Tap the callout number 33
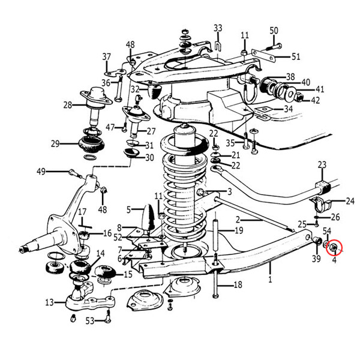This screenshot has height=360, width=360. click(218, 28)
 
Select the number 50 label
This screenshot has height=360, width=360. click(274, 31)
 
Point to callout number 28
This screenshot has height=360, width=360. click(67, 105)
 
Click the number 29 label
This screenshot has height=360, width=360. click(55, 143)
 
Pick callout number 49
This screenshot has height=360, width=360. click(41, 172)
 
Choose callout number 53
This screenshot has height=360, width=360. click(90, 322)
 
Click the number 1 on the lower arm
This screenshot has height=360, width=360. click(270, 280)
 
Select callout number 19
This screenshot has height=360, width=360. click(239, 230)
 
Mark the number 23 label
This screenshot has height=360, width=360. click(322, 165)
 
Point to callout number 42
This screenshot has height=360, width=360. click(315, 100)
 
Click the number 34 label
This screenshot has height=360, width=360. click(288, 109)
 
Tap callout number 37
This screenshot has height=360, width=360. click(107, 57)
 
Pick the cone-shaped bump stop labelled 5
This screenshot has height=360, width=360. click(148, 217)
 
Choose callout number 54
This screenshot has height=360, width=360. click(327, 230)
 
